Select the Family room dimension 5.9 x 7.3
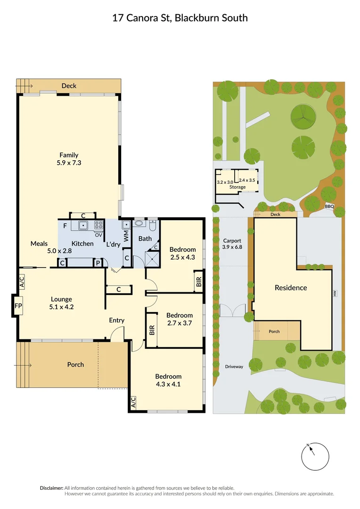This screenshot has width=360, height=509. [69, 163]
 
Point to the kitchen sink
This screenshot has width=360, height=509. [83, 225]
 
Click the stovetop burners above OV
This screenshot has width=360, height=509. [99, 225]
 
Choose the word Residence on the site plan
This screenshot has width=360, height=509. [291, 287]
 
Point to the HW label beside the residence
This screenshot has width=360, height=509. [335, 294]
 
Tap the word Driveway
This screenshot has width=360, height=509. [234, 367]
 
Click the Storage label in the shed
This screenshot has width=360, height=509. [237, 187]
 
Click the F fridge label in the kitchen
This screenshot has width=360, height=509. [65, 226]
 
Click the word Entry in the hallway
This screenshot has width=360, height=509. [116, 320]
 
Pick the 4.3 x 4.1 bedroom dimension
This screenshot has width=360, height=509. [168, 384]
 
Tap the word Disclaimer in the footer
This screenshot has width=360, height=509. [51, 488]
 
